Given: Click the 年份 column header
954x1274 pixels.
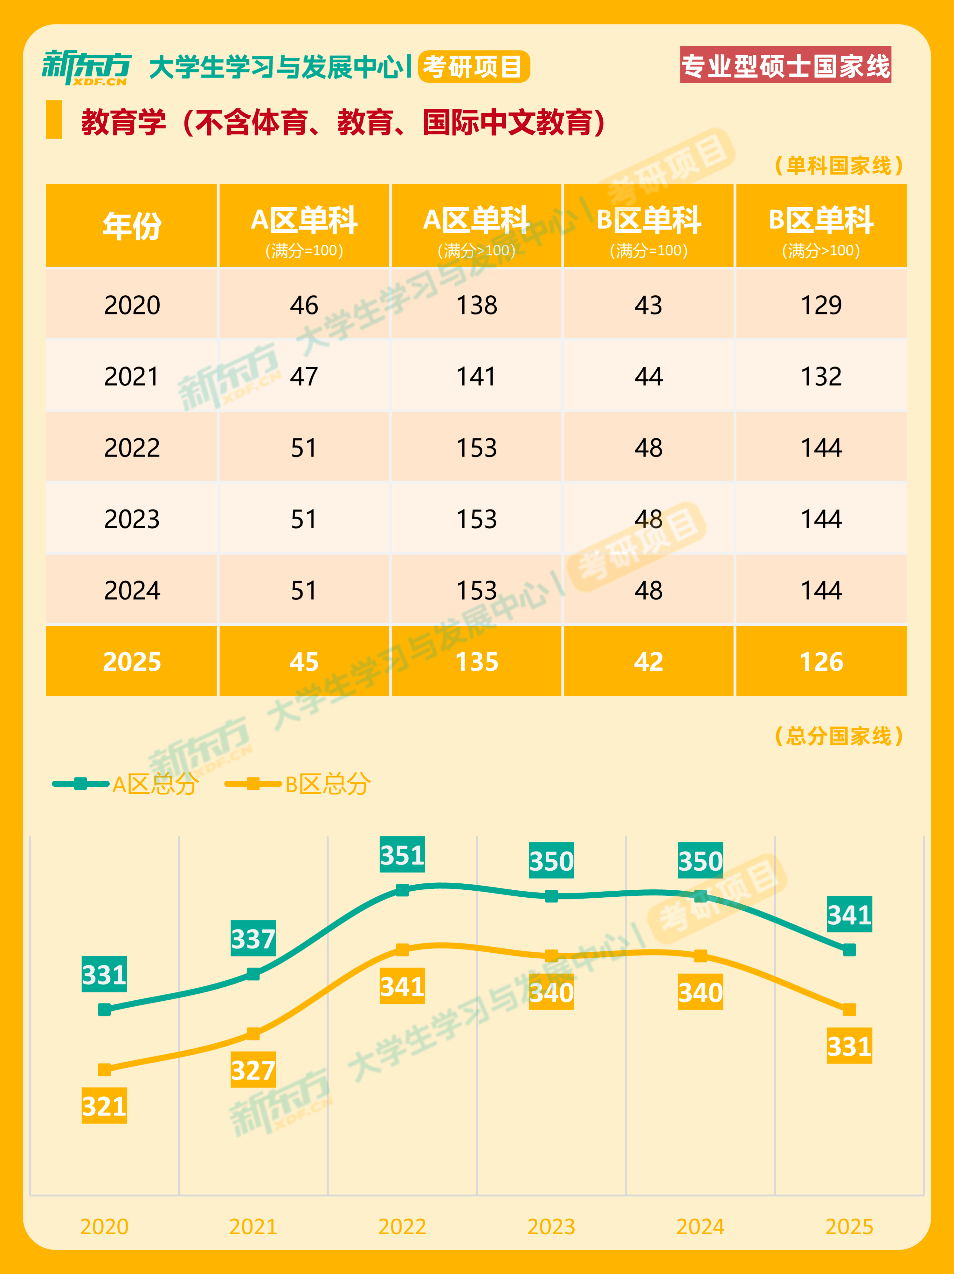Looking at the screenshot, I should (x=132, y=226).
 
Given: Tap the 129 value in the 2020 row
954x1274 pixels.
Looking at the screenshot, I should (x=821, y=305).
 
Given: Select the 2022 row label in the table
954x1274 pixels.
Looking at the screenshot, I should (x=132, y=448).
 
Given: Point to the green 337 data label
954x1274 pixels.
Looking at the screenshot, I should (x=253, y=938).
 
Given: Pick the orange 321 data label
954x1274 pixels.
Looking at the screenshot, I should (x=104, y=1106).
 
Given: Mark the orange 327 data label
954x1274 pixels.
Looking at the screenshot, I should (x=253, y=1070).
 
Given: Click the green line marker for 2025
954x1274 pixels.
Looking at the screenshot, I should (x=849, y=950).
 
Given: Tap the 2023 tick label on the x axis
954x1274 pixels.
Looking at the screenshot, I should (x=551, y=1227).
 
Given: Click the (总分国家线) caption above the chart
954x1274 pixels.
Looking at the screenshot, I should (x=839, y=736).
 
